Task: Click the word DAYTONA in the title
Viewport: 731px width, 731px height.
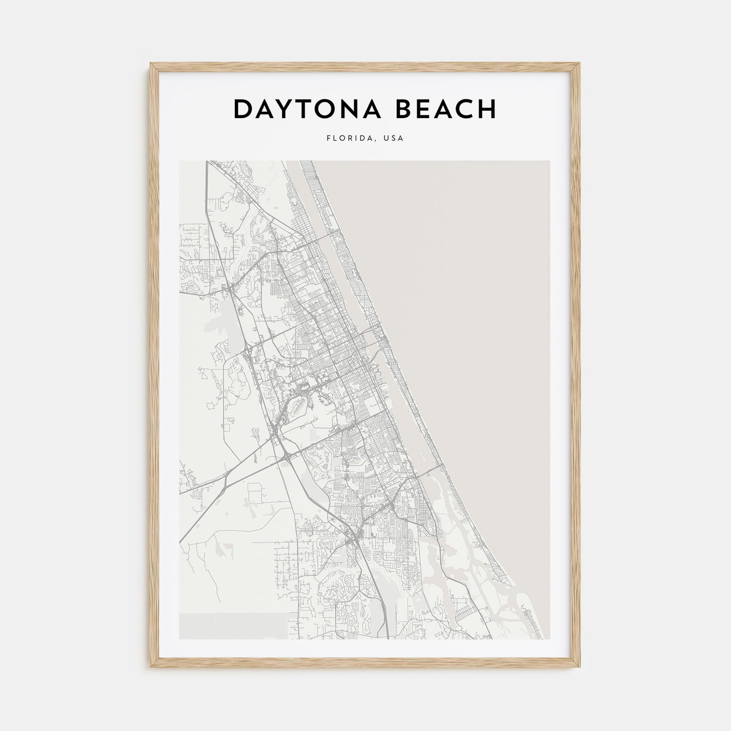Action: click(x=306, y=109)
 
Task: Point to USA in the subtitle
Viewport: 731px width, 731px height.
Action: click(x=393, y=139)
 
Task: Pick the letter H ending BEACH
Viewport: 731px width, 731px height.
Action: click(x=486, y=109)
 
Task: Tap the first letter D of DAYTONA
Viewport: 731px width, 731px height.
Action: click(x=243, y=109)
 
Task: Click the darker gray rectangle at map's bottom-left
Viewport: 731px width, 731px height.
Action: click(x=232, y=626)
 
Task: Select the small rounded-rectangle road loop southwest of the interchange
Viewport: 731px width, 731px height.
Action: click(x=256, y=493)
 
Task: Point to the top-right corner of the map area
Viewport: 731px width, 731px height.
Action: click(x=549, y=161)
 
